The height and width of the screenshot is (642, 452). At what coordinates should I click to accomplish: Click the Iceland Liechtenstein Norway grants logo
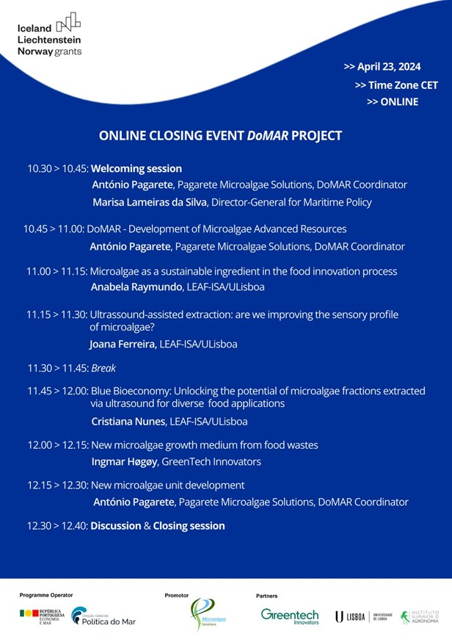click(x=49, y=35)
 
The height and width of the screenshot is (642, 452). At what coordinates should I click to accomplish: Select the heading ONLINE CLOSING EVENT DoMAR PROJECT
click(x=220, y=136)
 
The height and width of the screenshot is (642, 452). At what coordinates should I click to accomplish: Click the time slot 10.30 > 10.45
click(x=57, y=168)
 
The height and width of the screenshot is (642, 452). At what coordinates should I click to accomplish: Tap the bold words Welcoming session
click(x=136, y=168)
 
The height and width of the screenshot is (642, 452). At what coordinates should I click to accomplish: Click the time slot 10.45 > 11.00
click(x=54, y=229)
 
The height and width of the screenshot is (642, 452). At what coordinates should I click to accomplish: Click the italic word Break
click(x=103, y=368)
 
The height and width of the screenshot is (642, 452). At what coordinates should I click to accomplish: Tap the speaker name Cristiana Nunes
click(x=125, y=422)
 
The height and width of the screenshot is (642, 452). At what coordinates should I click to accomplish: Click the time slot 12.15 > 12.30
click(x=57, y=486)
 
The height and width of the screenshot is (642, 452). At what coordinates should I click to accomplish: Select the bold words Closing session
click(x=189, y=526)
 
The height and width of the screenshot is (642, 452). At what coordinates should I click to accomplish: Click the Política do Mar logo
click(x=103, y=618)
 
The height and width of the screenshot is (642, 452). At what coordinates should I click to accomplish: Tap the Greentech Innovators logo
click(x=290, y=616)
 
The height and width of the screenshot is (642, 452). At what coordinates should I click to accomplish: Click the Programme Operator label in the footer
click(x=46, y=595)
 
